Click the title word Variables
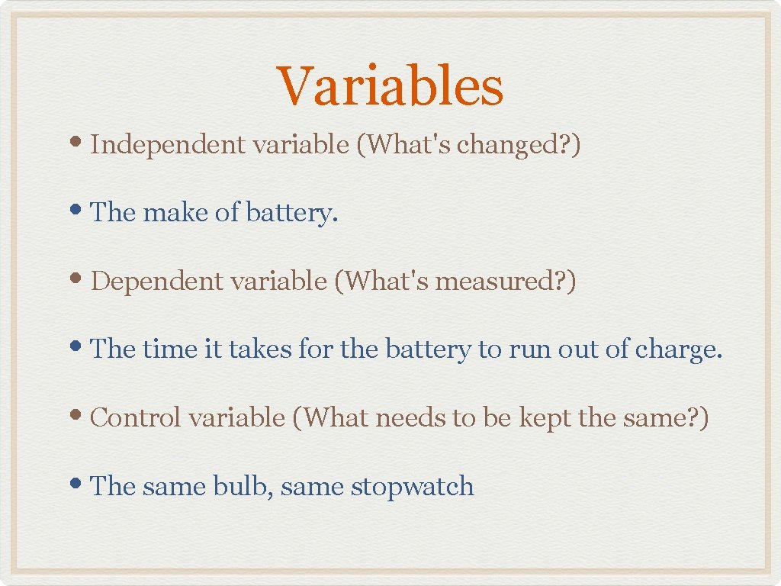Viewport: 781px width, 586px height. pyautogui.click(x=390, y=86)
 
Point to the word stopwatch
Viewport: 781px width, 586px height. pyautogui.click(x=412, y=487)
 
